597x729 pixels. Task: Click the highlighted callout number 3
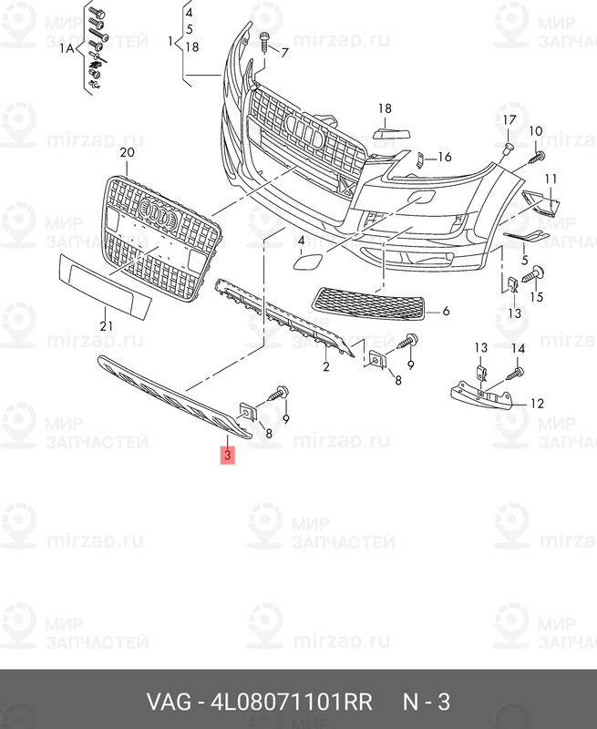click(228, 455)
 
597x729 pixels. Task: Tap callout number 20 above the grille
click(127, 152)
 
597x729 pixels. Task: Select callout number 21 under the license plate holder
click(106, 326)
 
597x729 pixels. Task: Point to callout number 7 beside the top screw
click(284, 52)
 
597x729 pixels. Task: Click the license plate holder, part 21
click(105, 286)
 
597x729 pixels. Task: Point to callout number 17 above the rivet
click(510, 120)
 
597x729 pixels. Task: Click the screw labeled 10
click(537, 156)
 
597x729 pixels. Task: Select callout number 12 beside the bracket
click(537, 403)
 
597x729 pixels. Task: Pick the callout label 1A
click(67, 47)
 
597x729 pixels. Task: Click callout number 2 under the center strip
click(326, 367)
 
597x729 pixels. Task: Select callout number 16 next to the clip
click(445, 157)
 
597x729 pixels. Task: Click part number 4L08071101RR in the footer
click(292, 702)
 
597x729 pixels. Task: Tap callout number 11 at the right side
click(551, 179)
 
